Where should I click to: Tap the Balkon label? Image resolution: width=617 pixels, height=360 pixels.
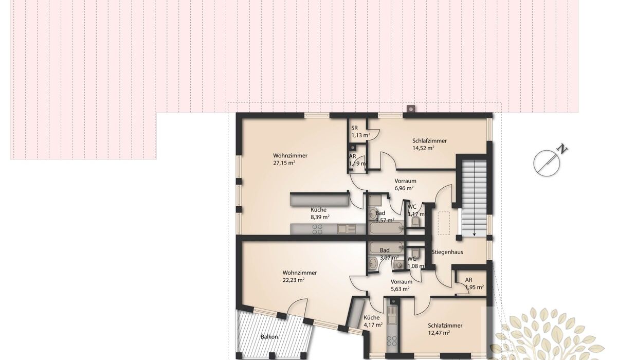click(x=269, y=336)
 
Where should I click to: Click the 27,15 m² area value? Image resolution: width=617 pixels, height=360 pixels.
click(x=284, y=163)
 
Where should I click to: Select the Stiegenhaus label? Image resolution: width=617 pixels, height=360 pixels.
click(x=447, y=252)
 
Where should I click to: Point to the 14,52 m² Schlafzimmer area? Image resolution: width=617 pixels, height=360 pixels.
click(x=423, y=148)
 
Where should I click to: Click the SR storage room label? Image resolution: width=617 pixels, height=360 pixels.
click(x=354, y=128)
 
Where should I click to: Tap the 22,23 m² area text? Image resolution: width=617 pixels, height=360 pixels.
click(x=294, y=280)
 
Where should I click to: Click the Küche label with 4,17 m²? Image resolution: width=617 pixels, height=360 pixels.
click(x=371, y=317)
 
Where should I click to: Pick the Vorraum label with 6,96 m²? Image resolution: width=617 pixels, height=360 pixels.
click(x=405, y=181)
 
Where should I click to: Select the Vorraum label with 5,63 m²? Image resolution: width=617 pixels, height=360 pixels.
click(x=402, y=282)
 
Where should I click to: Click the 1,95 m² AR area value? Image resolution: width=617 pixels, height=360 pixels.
click(x=474, y=287)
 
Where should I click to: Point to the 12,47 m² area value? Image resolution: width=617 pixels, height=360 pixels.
click(x=439, y=332)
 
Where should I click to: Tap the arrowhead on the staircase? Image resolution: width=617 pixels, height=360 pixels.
click(x=474, y=234)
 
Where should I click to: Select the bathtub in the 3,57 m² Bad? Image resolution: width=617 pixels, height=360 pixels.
click(x=387, y=228)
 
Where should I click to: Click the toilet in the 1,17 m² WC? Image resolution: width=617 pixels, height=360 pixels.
click(x=415, y=222)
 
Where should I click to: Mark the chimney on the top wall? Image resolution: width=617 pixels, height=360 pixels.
click(x=410, y=109)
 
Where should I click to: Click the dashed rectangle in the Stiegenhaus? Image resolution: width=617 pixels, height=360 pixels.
click(x=444, y=223)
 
